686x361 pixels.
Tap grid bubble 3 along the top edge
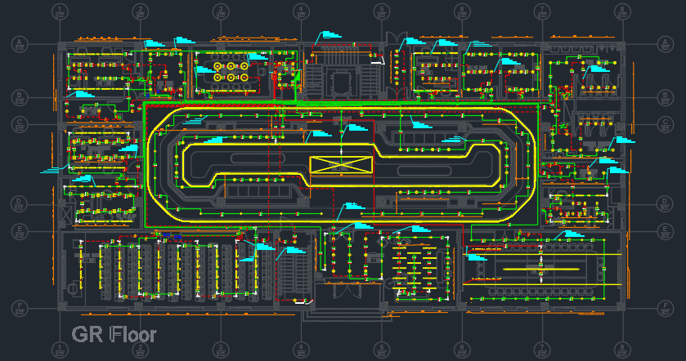[221, 11]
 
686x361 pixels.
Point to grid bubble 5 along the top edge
[382, 11]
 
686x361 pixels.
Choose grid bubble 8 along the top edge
[624, 11]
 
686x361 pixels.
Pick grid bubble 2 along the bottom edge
[141, 350]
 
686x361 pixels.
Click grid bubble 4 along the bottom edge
[302, 350]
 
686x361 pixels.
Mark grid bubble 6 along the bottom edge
[462, 350]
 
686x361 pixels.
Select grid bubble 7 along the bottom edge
[543, 350]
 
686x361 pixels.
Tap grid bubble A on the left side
[20, 43]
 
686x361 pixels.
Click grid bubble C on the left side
[20, 124]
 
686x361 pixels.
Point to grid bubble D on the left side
[20, 202]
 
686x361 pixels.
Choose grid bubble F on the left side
[20, 308]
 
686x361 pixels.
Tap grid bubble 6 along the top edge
[462, 11]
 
